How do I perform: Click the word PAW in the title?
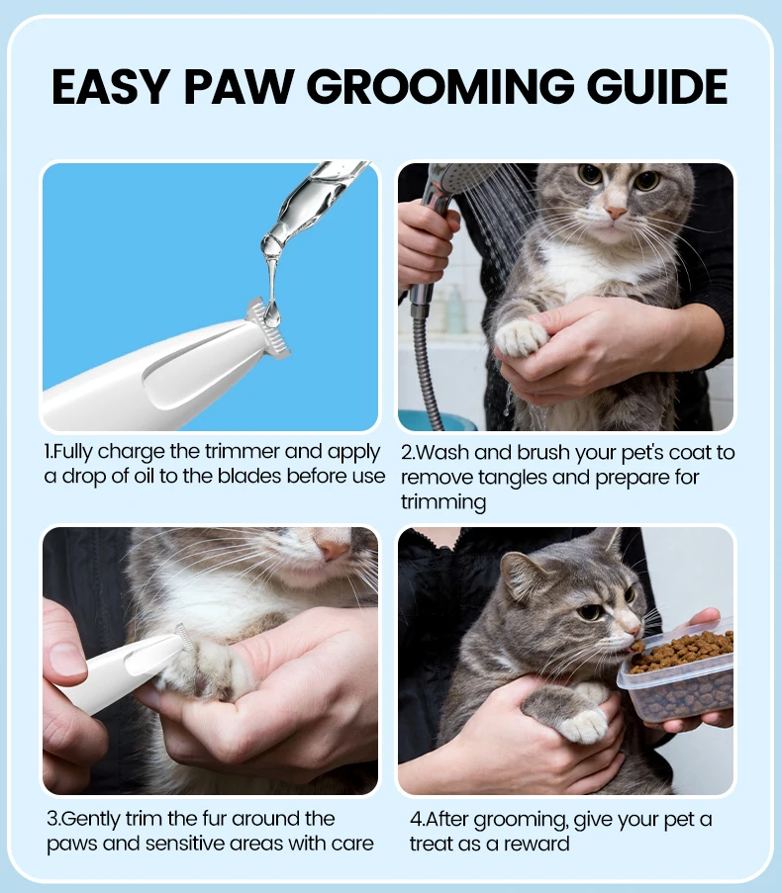(x=239, y=87)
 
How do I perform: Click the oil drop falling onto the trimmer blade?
(x=272, y=314)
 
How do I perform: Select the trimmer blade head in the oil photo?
(x=268, y=328)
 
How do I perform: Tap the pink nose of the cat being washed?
(x=616, y=213)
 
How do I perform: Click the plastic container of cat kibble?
(x=678, y=673)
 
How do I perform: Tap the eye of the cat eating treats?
(x=590, y=612)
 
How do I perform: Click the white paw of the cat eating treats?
(x=582, y=725)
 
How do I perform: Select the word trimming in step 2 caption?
(x=443, y=502)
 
